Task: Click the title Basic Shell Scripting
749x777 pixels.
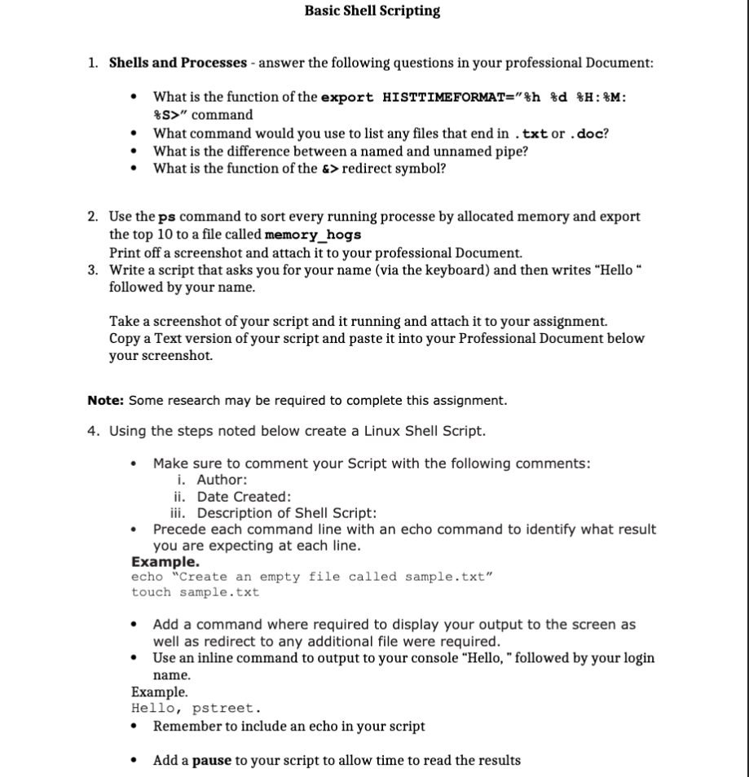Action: [372, 11]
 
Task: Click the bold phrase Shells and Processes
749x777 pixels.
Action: [178, 63]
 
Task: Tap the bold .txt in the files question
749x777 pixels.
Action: [533, 134]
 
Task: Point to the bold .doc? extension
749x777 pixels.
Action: [589, 134]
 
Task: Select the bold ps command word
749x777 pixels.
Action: [166, 217]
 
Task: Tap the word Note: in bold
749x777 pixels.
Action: [106, 401]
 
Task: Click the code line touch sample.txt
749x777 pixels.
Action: [195, 592]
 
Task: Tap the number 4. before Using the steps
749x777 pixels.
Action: [94, 431]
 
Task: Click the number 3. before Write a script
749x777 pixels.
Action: [94, 270]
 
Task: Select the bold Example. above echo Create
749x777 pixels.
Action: [165, 562]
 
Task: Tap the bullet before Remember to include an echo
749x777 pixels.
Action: [134, 726]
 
